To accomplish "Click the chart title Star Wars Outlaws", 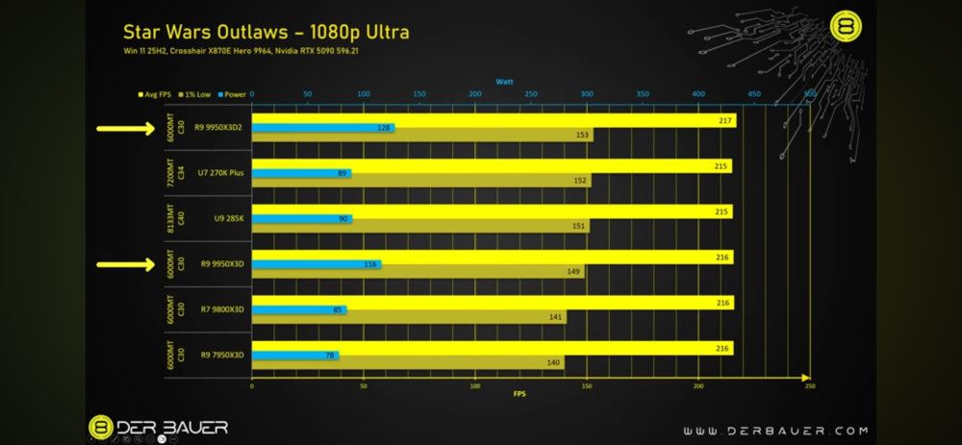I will [266, 33].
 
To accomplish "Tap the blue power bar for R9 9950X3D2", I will [322, 127].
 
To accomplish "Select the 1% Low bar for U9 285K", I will [420, 227].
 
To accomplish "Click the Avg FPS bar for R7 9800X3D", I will [492, 302].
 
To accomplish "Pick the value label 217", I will [724, 120].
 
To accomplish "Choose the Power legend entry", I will [231, 95].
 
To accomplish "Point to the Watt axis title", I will [504, 82].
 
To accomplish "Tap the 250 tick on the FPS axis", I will [810, 384].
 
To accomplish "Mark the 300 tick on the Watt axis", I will [587, 94].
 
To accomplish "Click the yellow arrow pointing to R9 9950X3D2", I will [124, 128].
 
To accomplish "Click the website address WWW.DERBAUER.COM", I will [775, 431].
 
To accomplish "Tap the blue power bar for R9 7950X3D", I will [294, 355].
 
